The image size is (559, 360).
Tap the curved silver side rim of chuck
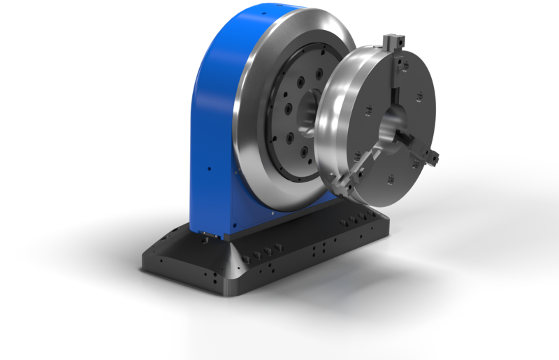point(328,126)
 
